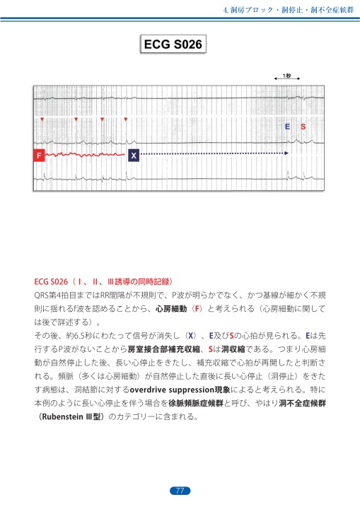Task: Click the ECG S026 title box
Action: (x=173, y=45)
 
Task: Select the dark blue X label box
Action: (x=134, y=154)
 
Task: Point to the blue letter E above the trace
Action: (x=287, y=127)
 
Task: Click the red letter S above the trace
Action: (x=303, y=127)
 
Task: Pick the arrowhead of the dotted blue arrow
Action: (x=286, y=153)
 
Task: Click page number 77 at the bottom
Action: (x=180, y=491)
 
